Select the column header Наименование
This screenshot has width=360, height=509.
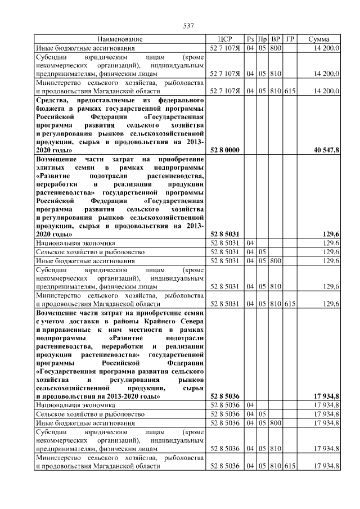click(x=120, y=39)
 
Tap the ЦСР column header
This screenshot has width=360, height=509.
click(x=225, y=39)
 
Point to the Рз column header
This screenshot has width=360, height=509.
click(x=250, y=39)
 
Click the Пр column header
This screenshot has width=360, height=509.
click(x=262, y=39)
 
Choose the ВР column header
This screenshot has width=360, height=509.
click(x=276, y=39)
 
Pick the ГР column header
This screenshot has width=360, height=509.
click(x=290, y=39)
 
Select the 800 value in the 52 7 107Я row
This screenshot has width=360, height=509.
click(x=276, y=48)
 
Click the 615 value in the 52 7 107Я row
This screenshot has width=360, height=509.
click(x=290, y=90)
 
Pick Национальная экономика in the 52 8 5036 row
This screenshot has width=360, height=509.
click(x=71, y=404)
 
